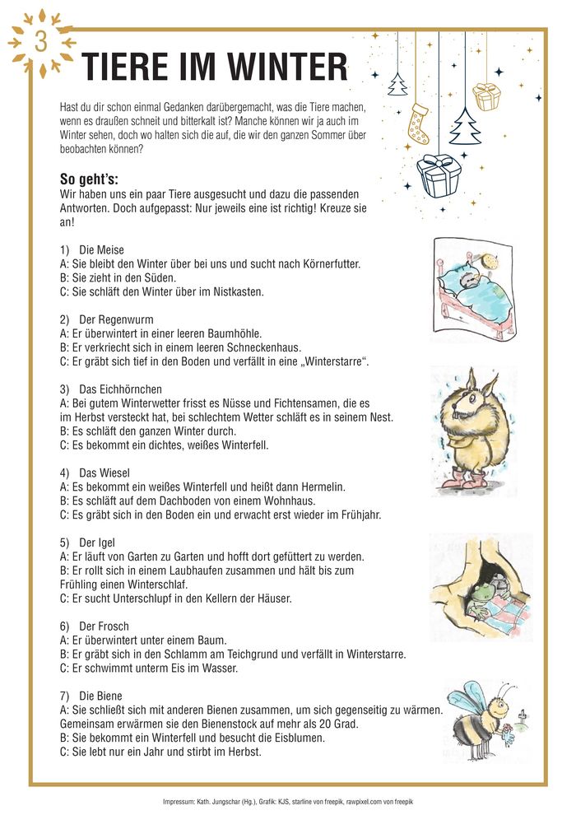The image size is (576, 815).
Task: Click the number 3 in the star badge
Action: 40,42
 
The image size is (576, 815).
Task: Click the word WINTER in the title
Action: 280,66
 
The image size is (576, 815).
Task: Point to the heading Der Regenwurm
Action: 116,319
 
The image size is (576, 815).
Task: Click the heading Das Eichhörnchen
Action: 120,389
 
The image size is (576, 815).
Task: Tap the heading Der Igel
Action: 97,543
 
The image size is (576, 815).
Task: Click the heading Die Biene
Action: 100,696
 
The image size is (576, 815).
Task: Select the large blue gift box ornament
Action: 437,175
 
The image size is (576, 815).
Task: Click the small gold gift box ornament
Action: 486,96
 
